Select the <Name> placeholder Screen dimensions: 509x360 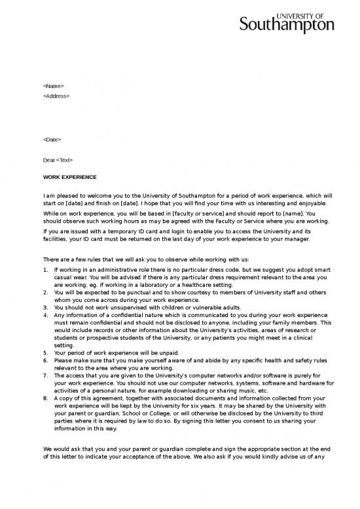(x=54, y=86)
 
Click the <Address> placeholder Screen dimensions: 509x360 (x=56, y=96)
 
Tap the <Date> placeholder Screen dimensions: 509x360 (x=52, y=140)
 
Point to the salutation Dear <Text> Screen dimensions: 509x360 (x=58, y=160)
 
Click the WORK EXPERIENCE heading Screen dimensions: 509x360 (x=69, y=177)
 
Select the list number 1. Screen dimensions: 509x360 (x=45, y=269)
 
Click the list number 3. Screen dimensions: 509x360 (x=45, y=307)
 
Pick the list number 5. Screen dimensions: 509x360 (x=45, y=352)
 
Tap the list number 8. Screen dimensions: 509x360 (x=45, y=398)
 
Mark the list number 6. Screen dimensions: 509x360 (x=45, y=360)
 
